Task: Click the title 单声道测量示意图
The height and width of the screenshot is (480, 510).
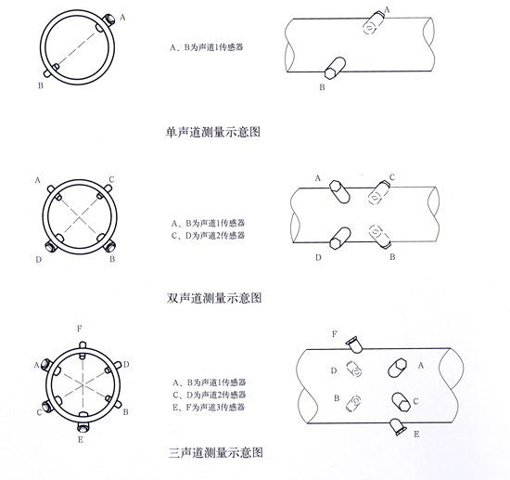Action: [x=213, y=132]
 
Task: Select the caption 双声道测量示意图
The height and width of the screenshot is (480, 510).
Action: [x=214, y=298]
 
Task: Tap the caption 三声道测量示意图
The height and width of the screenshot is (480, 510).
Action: [x=216, y=453]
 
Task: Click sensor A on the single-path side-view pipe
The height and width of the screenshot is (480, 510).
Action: [x=373, y=23]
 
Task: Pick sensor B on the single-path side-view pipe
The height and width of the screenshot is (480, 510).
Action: [x=335, y=68]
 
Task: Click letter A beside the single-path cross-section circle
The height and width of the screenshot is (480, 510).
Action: [x=122, y=18]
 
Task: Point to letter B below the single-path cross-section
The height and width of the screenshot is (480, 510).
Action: [x=41, y=85]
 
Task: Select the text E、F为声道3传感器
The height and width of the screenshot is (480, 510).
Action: [x=209, y=407]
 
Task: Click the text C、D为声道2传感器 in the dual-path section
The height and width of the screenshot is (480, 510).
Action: [x=208, y=236]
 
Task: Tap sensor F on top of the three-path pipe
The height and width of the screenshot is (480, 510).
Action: [x=354, y=344]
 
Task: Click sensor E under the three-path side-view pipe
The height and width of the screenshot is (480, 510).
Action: [x=398, y=426]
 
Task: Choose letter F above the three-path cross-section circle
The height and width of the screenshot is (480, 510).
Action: [x=80, y=329]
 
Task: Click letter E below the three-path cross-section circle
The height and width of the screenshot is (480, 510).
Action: [x=81, y=440]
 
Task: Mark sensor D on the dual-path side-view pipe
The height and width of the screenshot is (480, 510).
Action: [x=340, y=239]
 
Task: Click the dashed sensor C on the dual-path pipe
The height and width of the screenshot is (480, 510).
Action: [x=378, y=193]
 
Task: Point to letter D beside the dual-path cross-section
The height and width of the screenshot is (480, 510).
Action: [x=39, y=260]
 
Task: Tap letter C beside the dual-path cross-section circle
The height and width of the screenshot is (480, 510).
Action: [x=111, y=179]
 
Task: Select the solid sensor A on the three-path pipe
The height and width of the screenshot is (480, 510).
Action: [x=398, y=368]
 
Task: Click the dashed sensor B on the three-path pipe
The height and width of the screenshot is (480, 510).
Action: [x=353, y=403]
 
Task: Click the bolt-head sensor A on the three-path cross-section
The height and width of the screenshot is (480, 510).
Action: [x=46, y=364]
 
